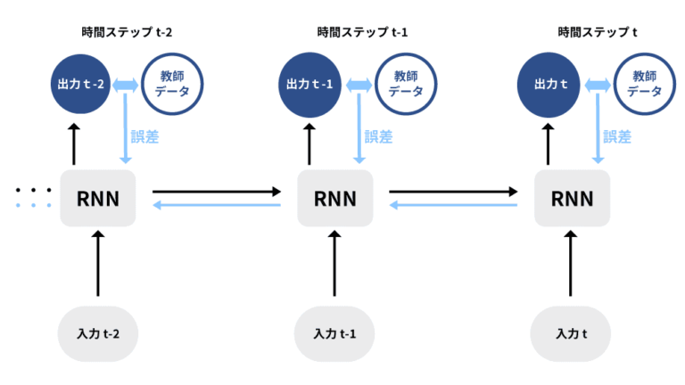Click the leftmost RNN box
click(x=98, y=198)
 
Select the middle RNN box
click(x=334, y=198)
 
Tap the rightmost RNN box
click(x=572, y=198)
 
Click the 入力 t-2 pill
click(x=98, y=334)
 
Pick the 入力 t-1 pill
click(x=334, y=334)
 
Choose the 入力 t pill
click(x=572, y=334)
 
